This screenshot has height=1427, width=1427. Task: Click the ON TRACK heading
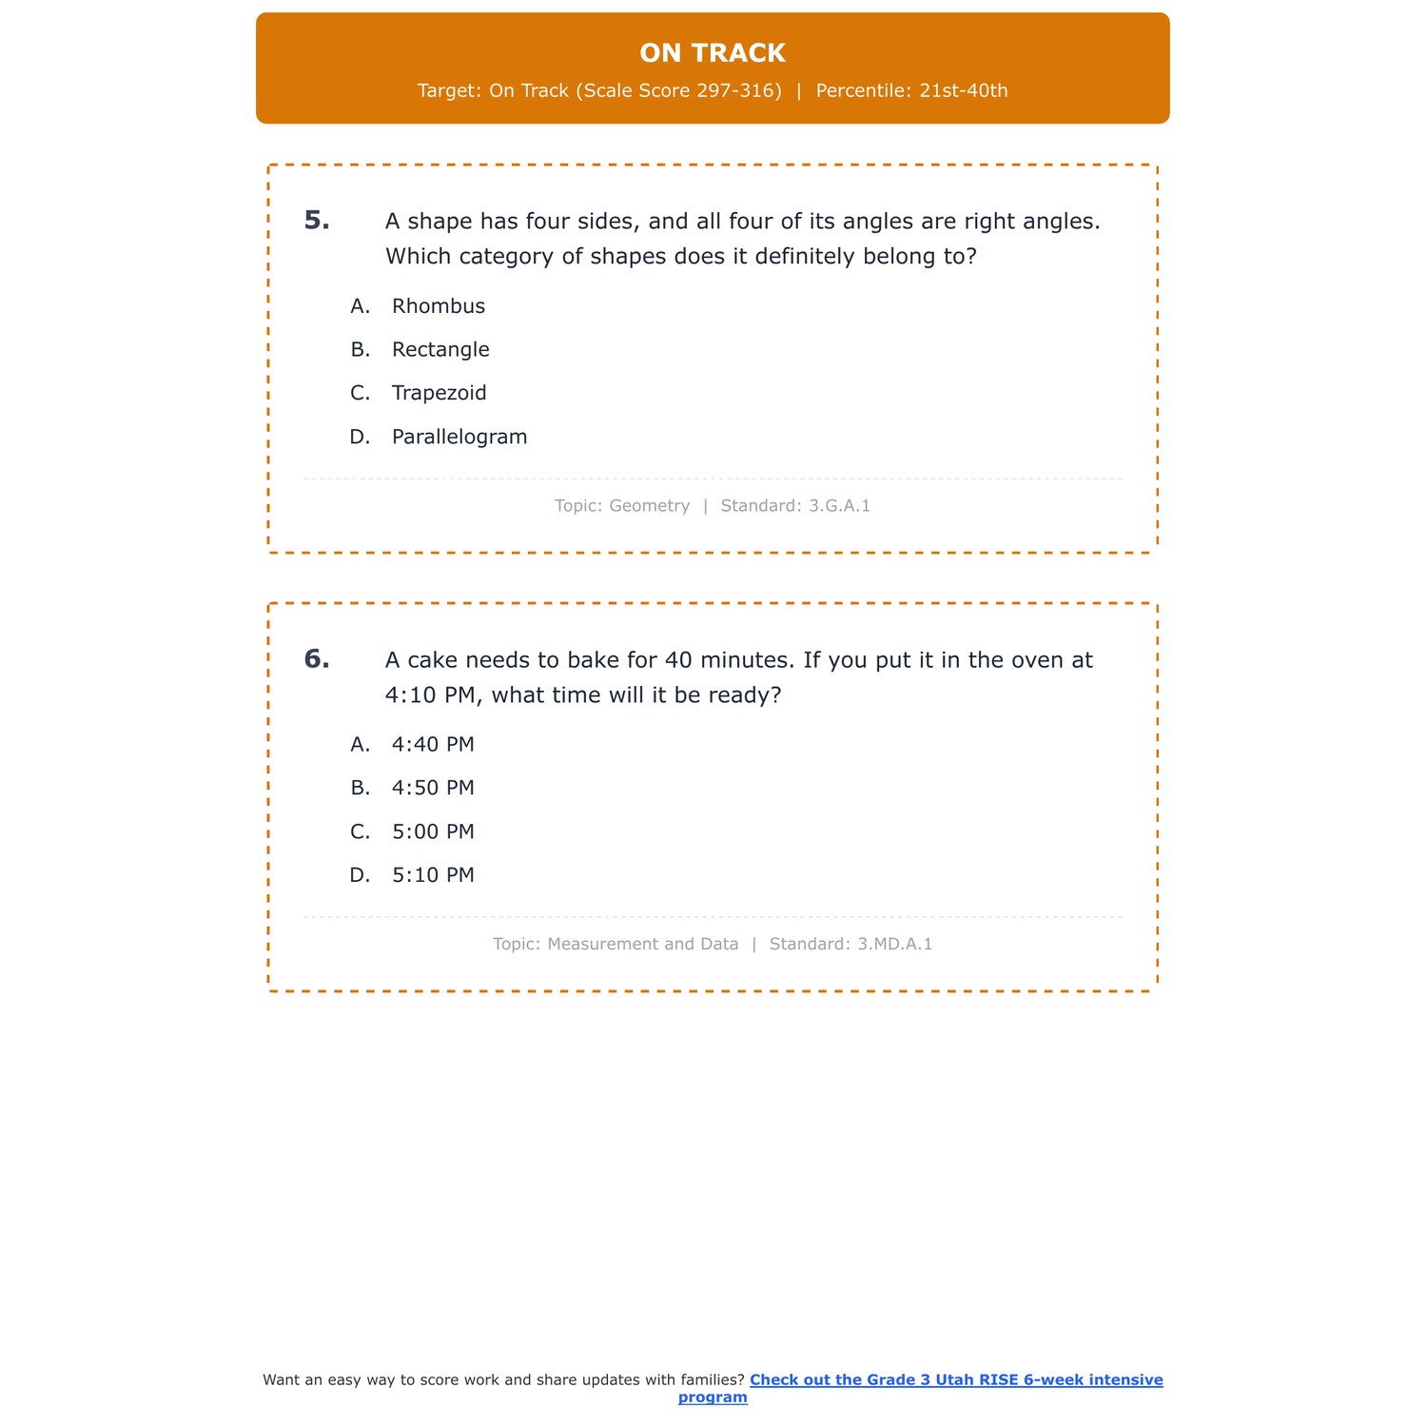point(713,53)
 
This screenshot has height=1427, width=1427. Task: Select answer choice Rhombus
point(438,306)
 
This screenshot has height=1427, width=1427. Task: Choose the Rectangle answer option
point(440,350)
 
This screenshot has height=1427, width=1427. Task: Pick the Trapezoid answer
point(439,393)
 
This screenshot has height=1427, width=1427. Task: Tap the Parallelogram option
point(459,437)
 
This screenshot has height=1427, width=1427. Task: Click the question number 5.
point(317,221)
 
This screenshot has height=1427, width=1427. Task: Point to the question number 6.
point(317,659)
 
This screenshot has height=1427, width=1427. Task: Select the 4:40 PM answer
point(433,745)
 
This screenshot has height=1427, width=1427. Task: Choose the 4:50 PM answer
point(433,789)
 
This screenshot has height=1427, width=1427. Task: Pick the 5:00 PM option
point(433,832)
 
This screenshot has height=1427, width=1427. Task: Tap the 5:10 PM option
point(433,875)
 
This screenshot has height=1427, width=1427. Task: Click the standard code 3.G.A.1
point(839,506)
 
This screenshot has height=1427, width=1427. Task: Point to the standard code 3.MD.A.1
point(894,945)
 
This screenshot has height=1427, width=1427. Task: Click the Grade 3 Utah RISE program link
point(955,1380)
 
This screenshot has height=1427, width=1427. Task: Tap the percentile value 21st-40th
point(963,91)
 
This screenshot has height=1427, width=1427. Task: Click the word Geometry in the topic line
point(649,506)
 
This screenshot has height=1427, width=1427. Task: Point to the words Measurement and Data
point(642,945)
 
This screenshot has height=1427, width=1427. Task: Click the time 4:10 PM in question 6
point(429,695)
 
